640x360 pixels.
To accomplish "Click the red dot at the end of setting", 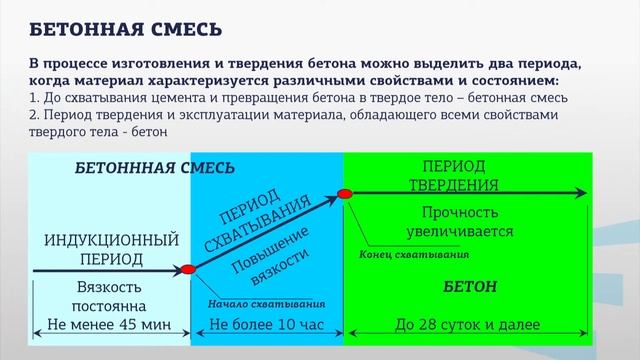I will pos(346,193).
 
